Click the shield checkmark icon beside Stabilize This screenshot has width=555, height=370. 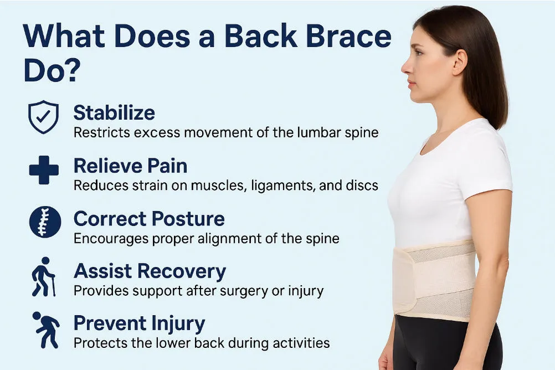coord(43,117)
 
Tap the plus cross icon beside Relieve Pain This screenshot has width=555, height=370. coord(43,170)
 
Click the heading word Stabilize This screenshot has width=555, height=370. coord(114,113)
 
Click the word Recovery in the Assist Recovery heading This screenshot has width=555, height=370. coord(184,271)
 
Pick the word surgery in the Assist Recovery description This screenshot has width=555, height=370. coord(257,290)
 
